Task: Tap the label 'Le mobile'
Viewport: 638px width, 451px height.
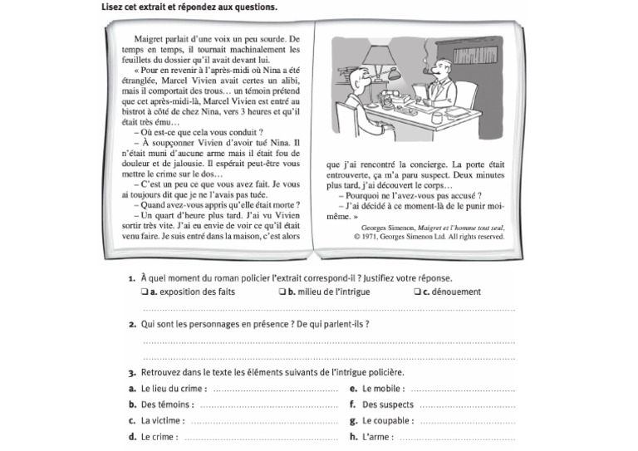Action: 383,389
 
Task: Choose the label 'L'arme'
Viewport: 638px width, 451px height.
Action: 376,436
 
